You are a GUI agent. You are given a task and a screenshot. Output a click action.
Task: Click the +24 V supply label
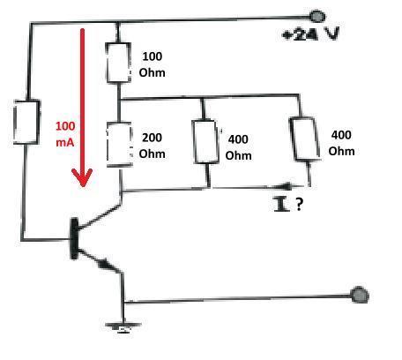click(x=310, y=34)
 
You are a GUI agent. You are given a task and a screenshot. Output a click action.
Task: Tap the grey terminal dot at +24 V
click(x=317, y=16)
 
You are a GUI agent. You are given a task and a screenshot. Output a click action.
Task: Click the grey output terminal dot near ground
click(x=360, y=295)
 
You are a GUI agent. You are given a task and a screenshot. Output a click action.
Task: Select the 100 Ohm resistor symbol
click(x=118, y=63)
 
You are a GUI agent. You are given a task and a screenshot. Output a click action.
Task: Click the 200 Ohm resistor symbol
click(x=119, y=145)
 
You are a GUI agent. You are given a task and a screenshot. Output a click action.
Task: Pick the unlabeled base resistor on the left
click(x=26, y=122)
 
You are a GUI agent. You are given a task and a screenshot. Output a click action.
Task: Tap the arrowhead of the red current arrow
click(x=82, y=177)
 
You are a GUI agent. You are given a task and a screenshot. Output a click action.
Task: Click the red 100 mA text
click(x=65, y=134)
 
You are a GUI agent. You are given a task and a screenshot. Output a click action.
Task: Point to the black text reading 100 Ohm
click(x=152, y=64)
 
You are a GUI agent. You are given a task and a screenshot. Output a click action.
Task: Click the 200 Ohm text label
click(x=152, y=146)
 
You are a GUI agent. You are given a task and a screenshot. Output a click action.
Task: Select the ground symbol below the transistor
click(x=123, y=326)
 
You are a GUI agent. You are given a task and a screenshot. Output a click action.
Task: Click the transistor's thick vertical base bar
click(x=74, y=238)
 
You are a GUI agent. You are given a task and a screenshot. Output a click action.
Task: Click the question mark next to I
click(x=299, y=204)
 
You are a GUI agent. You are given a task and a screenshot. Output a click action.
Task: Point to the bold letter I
click(x=281, y=204)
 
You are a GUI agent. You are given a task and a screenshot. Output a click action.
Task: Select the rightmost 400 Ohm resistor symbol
click(x=305, y=139)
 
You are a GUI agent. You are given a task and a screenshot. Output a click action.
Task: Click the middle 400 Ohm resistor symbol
click(x=205, y=141)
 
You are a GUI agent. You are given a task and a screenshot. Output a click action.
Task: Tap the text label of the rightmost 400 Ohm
click(x=341, y=143)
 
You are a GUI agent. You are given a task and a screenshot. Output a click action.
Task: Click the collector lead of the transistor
click(x=100, y=216)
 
